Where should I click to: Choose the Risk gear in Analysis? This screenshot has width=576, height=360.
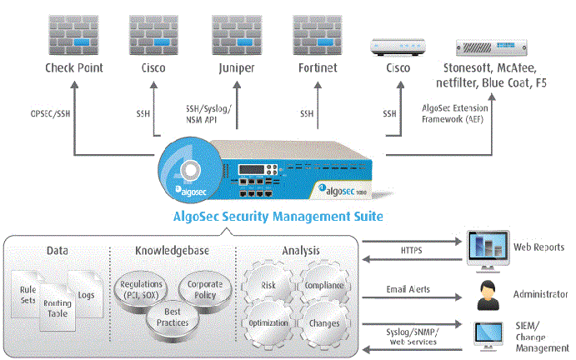[x=268, y=285]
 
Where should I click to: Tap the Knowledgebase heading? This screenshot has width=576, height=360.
[x=173, y=250]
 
